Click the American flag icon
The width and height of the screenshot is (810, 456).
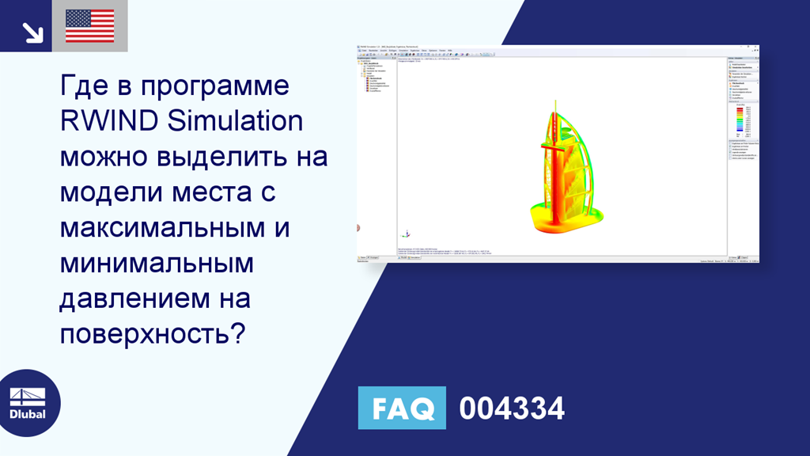89,26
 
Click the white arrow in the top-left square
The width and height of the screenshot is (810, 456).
32,32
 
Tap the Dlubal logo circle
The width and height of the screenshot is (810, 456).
27,403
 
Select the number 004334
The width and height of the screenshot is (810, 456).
512,408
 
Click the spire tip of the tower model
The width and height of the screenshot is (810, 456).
556,103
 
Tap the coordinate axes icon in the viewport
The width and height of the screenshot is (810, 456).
406,234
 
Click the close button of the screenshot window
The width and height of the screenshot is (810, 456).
757,47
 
